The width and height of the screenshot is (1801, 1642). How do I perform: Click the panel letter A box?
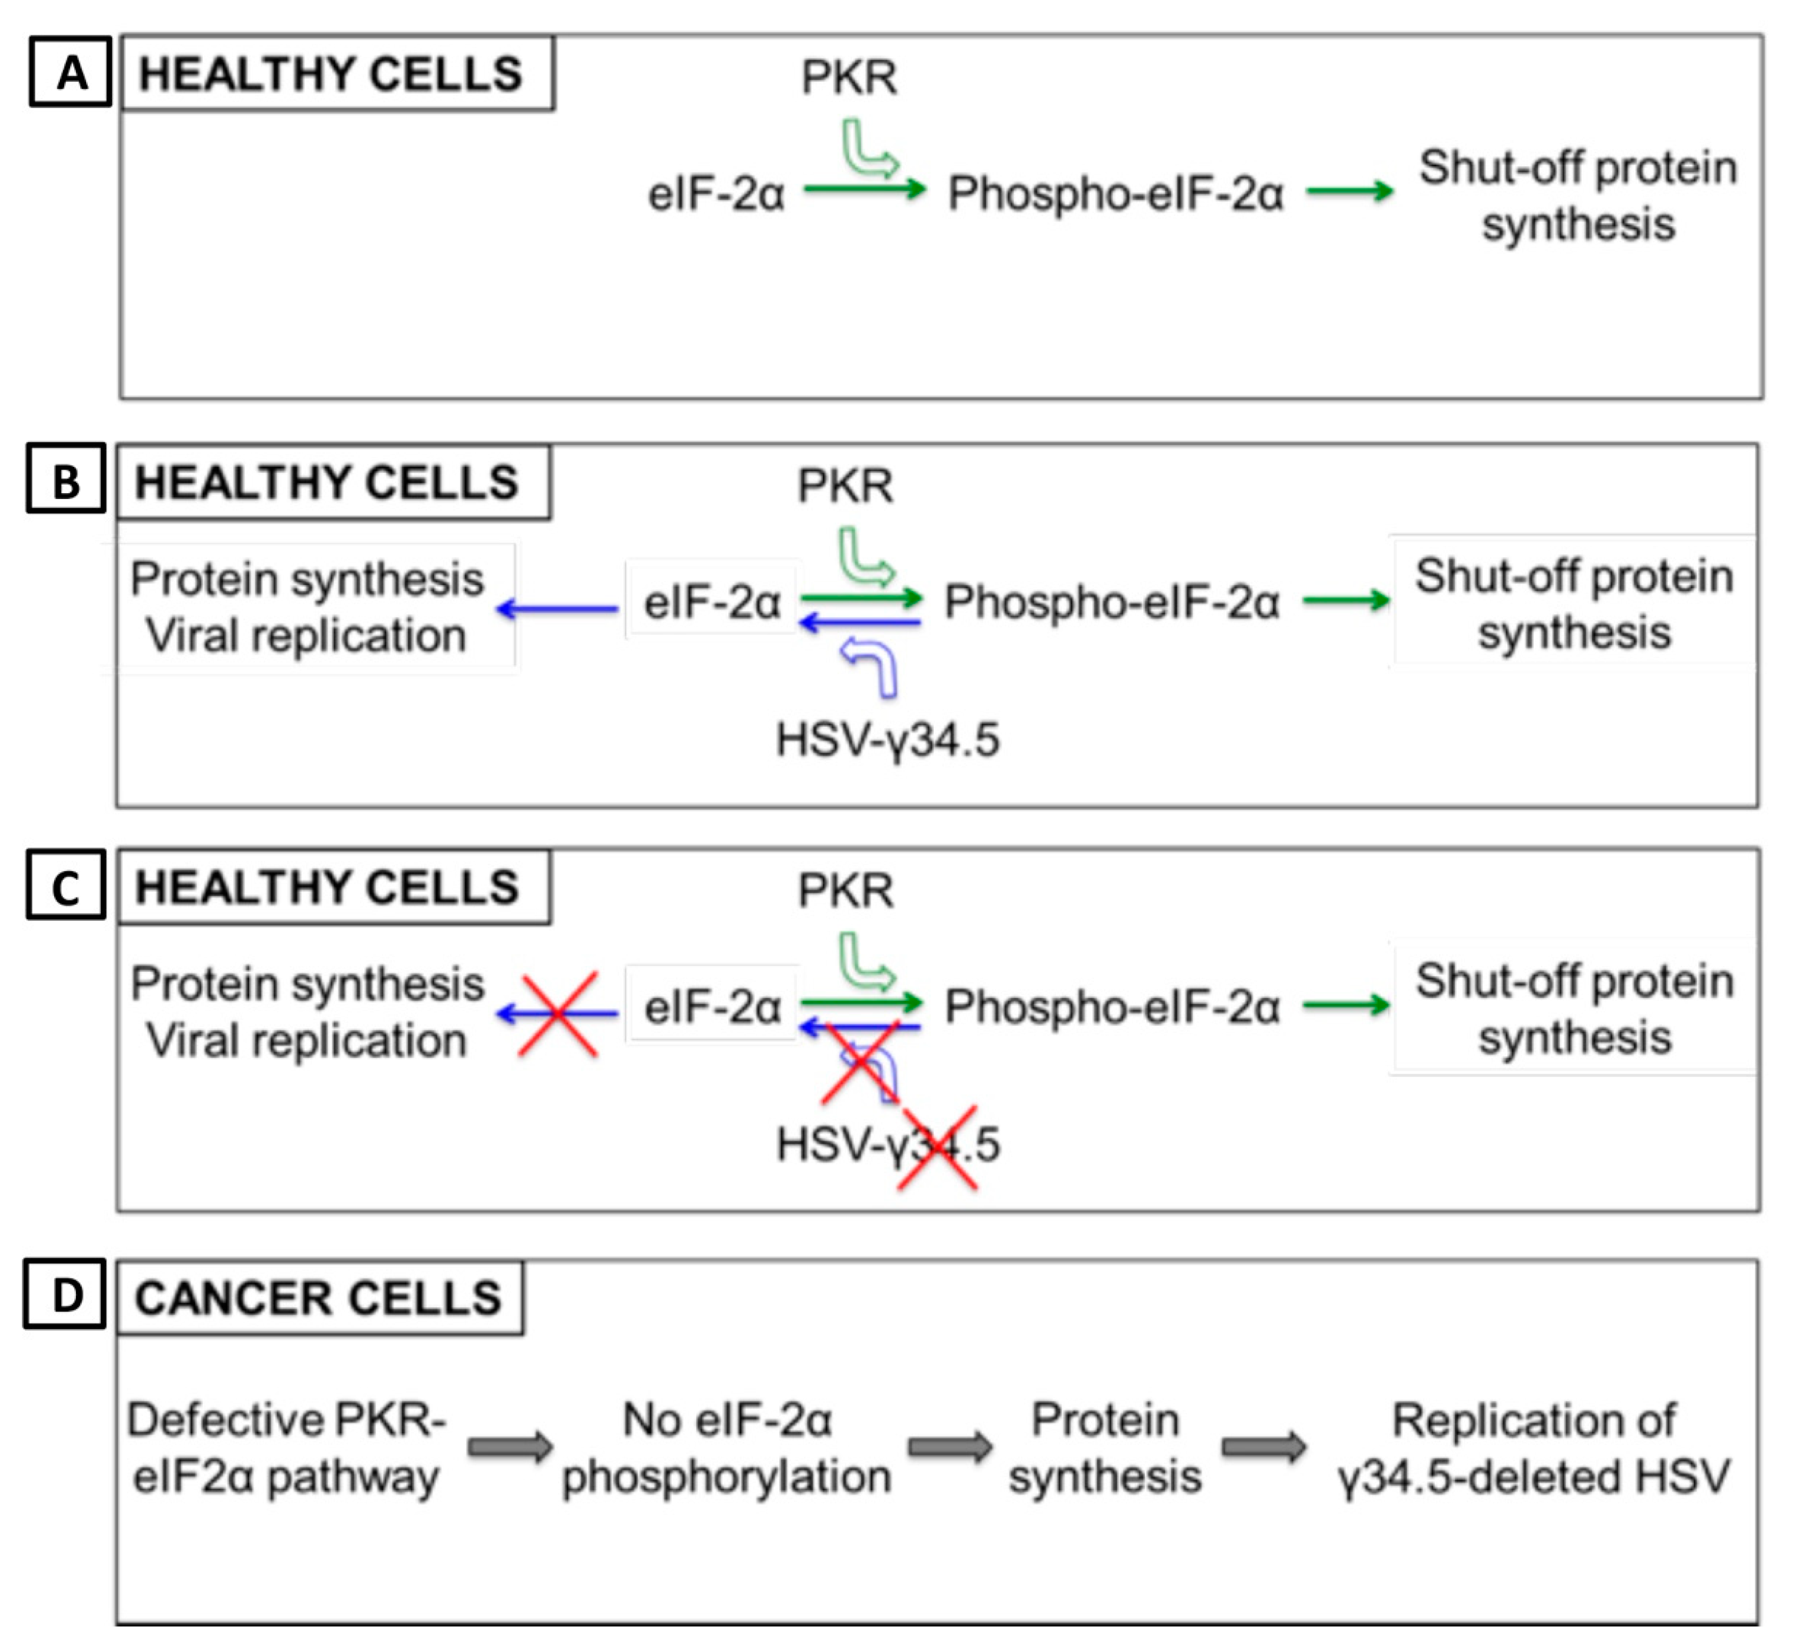click(x=71, y=72)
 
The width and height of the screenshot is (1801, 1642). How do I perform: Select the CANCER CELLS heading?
click(x=319, y=1298)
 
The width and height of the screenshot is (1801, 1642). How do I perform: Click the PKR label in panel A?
click(x=849, y=78)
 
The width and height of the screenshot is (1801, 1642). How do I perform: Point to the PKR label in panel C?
click(x=845, y=891)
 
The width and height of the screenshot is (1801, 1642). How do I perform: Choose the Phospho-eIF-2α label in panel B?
click(x=1112, y=601)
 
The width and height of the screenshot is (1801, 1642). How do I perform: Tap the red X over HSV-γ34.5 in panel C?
click(x=937, y=1148)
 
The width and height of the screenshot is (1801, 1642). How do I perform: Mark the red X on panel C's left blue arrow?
click(x=558, y=1014)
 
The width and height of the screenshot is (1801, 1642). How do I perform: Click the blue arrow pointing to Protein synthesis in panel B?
click(x=558, y=609)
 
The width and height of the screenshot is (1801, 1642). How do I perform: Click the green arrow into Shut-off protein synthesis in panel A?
click(x=1350, y=190)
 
